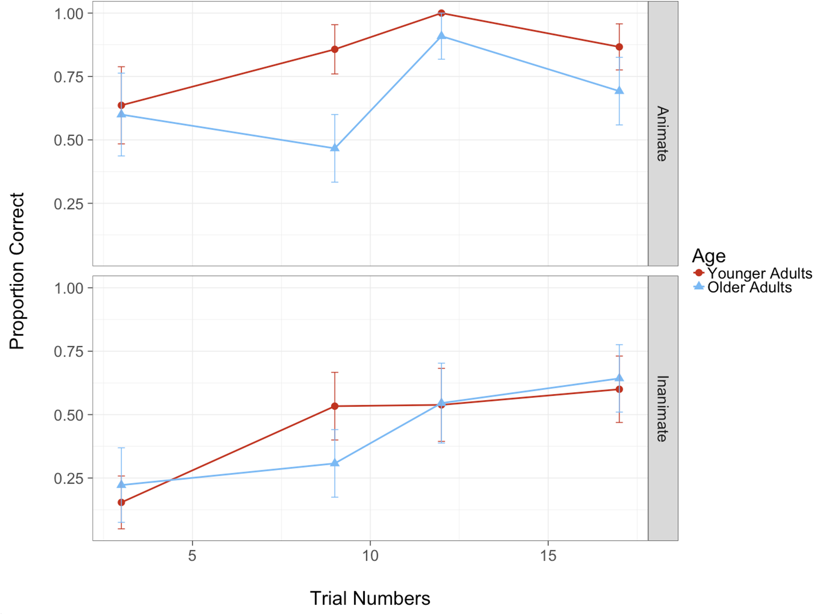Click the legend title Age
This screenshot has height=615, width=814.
pos(708,256)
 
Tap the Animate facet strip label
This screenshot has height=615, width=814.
pos(663,134)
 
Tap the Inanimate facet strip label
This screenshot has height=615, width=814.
pos(663,409)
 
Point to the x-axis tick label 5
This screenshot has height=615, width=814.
pos(192,556)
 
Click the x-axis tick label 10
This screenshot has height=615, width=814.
pos(370,556)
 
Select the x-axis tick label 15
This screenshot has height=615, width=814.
pos(548,556)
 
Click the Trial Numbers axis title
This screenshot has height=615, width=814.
pos(370,598)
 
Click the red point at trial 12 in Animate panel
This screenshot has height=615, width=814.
pos(441,13)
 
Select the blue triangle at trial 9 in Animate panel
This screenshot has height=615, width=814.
pos(335,148)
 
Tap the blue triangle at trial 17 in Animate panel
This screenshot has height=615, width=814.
pos(619,91)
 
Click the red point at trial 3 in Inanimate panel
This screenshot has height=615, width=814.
pos(121,502)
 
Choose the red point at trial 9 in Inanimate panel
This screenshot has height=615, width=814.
pos(335,406)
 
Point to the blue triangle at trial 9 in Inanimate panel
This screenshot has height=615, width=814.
pos(335,463)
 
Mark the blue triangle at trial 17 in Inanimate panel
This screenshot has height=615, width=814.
pos(619,378)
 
